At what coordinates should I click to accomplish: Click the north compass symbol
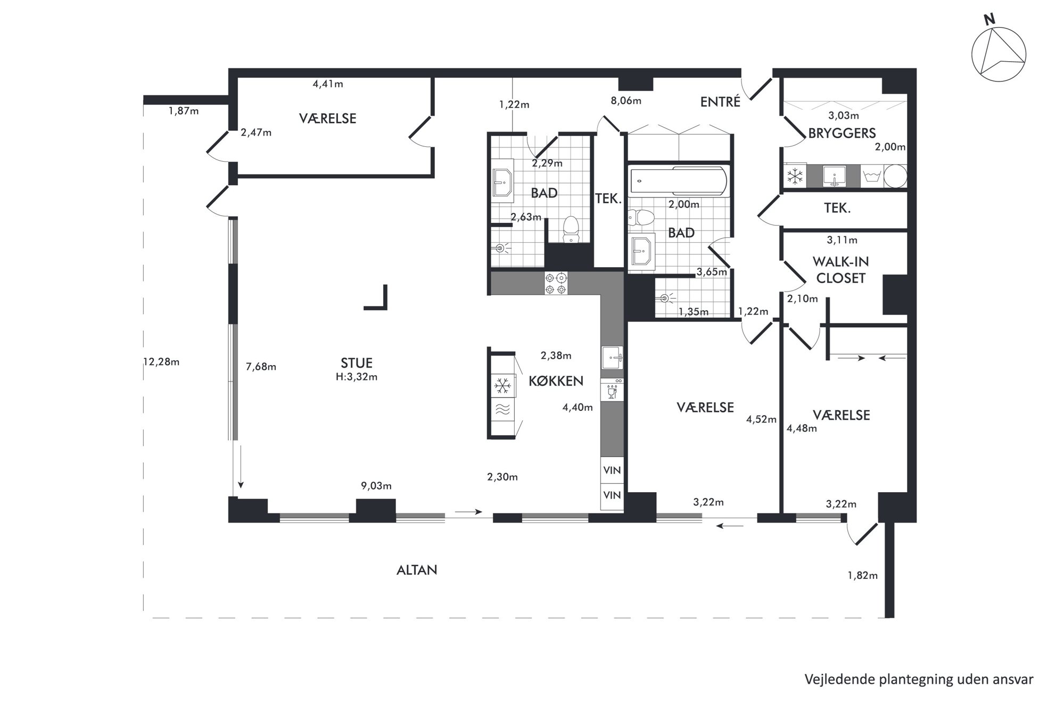[x=999, y=55]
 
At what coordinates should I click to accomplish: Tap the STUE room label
[x=357, y=363]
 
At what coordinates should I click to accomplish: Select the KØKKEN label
[x=556, y=380]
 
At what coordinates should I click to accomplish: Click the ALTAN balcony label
[x=417, y=570]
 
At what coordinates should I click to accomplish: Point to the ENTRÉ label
[x=720, y=102]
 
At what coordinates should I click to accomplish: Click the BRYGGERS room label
[x=842, y=133]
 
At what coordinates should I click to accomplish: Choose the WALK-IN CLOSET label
[x=841, y=270]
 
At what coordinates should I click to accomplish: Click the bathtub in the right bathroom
[x=678, y=180]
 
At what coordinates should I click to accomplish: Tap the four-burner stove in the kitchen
[x=556, y=283]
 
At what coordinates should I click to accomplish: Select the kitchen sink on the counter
[x=612, y=358]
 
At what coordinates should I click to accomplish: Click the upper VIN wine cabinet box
[x=612, y=470]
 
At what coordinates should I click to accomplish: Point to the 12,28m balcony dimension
[x=162, y=362]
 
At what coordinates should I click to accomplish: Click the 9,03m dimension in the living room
[x=376, y=485]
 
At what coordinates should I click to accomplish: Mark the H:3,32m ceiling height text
[x=357, y=377]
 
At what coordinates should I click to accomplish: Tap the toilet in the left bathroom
[x=571, y=229]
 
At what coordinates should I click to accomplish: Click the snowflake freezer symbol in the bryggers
[x=796, y=176]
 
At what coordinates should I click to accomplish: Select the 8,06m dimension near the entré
[x=626, y=101]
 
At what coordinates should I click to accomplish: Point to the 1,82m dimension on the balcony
[x=862, y=575]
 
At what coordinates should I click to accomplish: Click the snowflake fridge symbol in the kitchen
[x=502, y=386]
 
